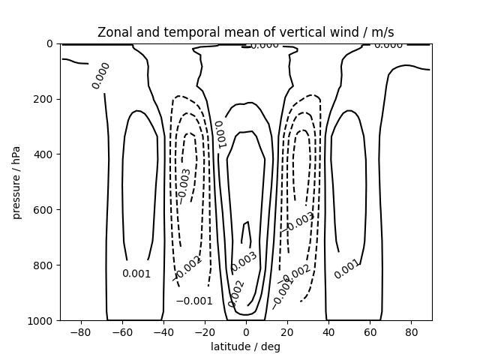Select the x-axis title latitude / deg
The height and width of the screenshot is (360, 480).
point(245,346)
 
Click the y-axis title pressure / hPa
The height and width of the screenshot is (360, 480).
point(16,182)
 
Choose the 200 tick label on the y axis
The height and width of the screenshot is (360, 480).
point(43,99)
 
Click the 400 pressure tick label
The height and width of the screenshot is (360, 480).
point(43,154)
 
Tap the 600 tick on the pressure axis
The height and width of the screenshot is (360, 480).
point(43,210)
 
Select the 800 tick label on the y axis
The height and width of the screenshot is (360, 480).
point(43,265)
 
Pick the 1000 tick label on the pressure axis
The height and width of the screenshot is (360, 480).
point(40,321)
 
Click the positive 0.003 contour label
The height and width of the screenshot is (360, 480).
point(244,262)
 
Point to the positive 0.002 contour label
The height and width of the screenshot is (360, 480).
point(235,293)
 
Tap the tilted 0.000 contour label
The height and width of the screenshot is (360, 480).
point(101,76)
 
